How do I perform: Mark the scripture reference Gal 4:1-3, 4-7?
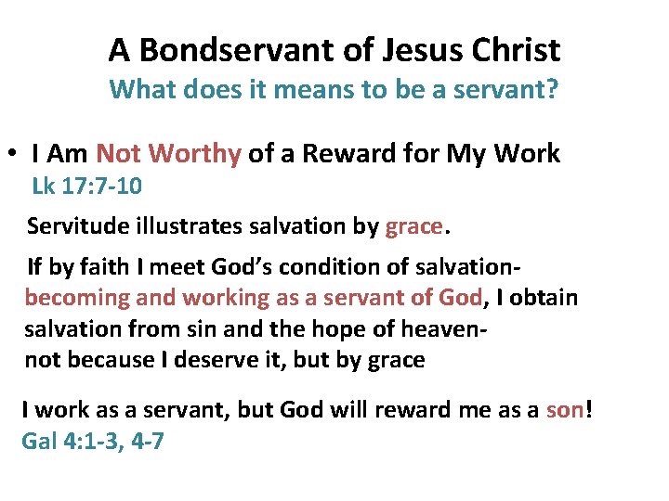(x=93, y=441)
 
